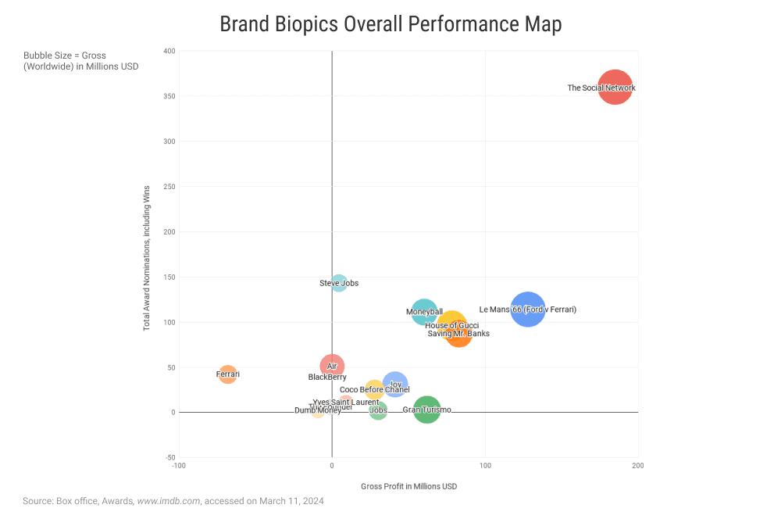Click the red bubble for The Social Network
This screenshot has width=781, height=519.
click(615, 87)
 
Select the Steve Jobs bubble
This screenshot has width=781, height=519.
click(339, 283)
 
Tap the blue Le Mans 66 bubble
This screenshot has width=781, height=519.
click(528, 309)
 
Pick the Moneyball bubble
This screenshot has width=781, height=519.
click(424, 311)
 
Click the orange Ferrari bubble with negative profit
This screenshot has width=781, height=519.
click(227, 374)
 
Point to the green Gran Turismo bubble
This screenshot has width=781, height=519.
click(426, 410)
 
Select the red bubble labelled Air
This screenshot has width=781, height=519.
click(332, 366)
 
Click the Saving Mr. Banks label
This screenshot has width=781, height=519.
click(458, 334)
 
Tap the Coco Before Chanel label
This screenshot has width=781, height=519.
click(374, 390)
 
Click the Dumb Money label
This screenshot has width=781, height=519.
click(317, 411)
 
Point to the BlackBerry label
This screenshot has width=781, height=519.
click(327, 377)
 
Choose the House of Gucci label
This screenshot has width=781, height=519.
click(451, 325)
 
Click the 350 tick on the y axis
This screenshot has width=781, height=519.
click(167, 96)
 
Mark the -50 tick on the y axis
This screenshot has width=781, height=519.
click(169, 457)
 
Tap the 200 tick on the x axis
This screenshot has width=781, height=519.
click(638, 467)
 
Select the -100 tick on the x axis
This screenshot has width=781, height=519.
click(179, 467)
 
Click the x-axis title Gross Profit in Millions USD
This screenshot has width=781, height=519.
click(408, 486)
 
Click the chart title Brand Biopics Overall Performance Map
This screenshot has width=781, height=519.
click(390, 24)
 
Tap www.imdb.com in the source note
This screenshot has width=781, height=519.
click(168, 501)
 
